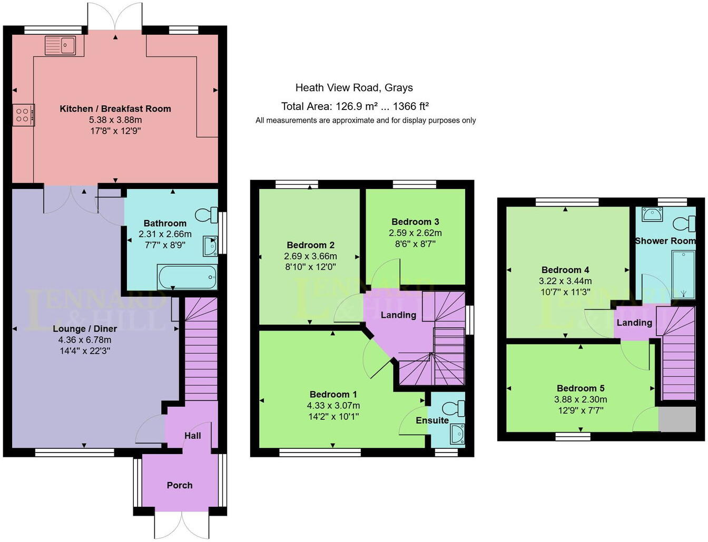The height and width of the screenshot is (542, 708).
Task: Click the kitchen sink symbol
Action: point(61,45)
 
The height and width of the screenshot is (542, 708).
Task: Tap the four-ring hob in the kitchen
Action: point(23,115)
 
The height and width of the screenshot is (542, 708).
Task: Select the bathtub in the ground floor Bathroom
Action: point(187,277)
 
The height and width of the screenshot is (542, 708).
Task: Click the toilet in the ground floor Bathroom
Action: point(206,215)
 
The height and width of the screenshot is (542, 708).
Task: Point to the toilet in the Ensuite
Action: point(454,408)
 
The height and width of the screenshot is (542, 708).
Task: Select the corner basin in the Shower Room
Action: point(652,215)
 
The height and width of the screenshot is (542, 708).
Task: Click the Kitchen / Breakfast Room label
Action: point(115,109)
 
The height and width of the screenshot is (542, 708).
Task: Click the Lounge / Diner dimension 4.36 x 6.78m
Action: point(85,340)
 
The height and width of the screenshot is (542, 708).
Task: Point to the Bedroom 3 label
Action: point(415,222)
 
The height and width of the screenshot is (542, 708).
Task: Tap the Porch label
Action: point(180,485)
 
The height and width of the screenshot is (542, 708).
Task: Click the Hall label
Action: point(192,436)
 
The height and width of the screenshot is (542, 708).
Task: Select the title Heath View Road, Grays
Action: point(354,88)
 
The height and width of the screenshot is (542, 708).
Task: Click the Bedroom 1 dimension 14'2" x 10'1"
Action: point(333,417)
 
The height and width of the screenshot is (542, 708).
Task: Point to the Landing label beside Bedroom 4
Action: point(634,323)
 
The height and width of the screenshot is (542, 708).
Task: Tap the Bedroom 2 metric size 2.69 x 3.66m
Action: point(310,256)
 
